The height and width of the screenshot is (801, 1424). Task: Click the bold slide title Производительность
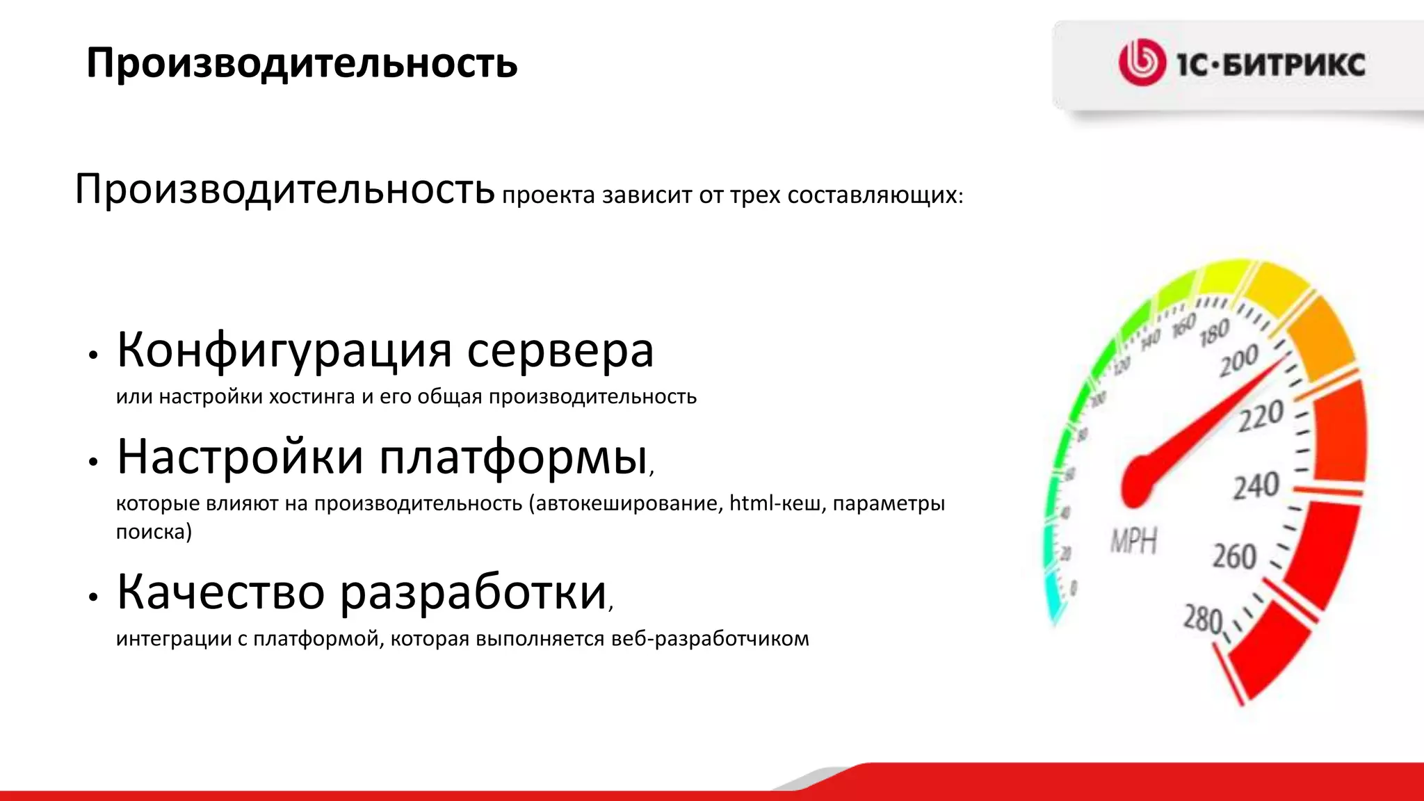(x=302, y=63)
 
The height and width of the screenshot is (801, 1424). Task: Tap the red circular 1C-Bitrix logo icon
(x=1141, y=63)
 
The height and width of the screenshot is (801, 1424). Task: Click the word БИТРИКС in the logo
(x=1293, y=65)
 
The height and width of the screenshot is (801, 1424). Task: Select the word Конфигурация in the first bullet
(x=284, y=350)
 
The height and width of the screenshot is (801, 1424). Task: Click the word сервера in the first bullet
(x=560, y=350)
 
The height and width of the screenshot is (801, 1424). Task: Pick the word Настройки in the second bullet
(x=240, y=458)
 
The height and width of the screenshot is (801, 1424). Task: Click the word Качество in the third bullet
(x=220, y=592)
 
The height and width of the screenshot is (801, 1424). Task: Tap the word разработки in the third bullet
(x=473, y=593)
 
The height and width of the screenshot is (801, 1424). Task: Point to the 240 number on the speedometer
(x=1256, y=486)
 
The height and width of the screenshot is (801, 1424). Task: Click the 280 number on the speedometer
(x=1202, y=618)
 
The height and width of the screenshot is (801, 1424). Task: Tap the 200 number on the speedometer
(x=1238, y=360)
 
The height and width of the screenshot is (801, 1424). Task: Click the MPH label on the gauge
(x=1133, y=540)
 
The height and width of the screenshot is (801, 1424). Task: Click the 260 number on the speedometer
(x=1234, y=556)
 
